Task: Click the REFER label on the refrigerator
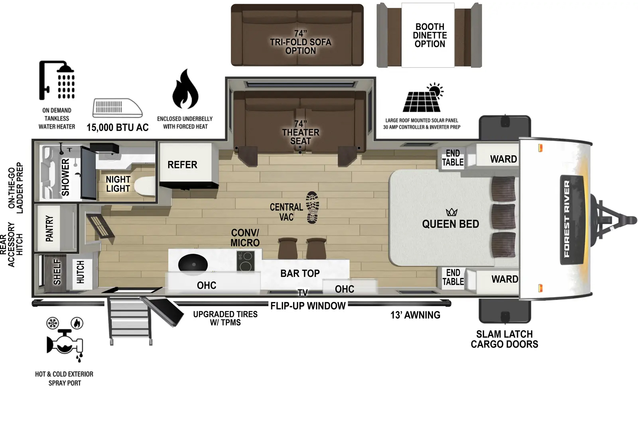pyautogui.click(x=182, y=165)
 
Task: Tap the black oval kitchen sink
pyautogui.click(x=193, y=264)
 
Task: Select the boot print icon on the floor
pyautogui.click(x=313, y=208)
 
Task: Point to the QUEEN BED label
pyautogui.click(x=451, y=224)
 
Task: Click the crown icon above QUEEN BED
pyautogui.click(x=451, y=212)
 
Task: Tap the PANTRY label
pyautogui.click(x=49, y=228)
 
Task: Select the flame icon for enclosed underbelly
pyautogui.click(x=185, y=89)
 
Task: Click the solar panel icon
pyautogui.click(x=423, y=98)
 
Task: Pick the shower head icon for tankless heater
pyautogui.click(x=57, y=80)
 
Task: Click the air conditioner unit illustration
pyautogui.click(x=117, y=108)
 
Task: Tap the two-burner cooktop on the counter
pyautogui.click(x=246, y=261)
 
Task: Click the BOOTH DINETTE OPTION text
pyautogui.click(x=430, y=35)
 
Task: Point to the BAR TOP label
pyautogui.click(x=300, y=273)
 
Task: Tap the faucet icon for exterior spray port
pyautogui.click(x=65, y=343)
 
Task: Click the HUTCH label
pyautogui.click(x=81, y=272)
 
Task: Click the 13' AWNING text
pyautogui.click(x=415, y=315)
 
